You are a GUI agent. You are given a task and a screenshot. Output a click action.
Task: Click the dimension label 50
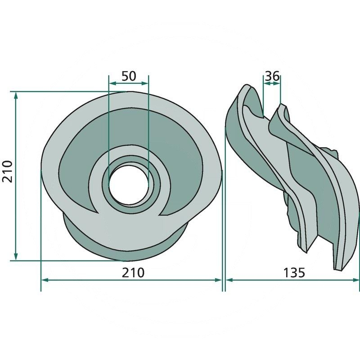point(129,76)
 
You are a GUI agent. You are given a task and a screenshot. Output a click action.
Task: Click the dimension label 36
point(272,76)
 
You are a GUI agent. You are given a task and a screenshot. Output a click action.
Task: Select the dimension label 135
point(294,273)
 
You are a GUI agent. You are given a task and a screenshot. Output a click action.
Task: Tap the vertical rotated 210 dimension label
point(7,171)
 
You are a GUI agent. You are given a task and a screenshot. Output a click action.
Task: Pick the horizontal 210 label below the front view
point(133,273)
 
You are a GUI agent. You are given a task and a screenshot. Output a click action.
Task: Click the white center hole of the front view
point(128,184)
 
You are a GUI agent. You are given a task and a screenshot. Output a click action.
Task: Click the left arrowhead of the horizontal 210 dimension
point(45,280)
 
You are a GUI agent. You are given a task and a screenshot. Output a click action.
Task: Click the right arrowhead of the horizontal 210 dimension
point(218,280)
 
